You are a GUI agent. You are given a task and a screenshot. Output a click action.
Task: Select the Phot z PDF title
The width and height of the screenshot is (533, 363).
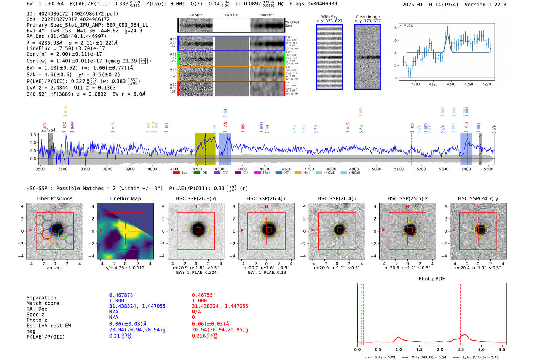[x=432, y=278]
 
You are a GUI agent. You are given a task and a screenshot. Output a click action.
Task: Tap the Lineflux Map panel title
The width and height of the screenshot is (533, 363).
[x=125, y=198]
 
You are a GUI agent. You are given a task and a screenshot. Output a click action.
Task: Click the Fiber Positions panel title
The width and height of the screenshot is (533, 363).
[x=54, y=198]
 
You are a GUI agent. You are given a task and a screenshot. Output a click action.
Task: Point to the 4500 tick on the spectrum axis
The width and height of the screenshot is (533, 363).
[x=264, y=169]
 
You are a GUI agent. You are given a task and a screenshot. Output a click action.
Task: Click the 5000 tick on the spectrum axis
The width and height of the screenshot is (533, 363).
[x=376, y=169]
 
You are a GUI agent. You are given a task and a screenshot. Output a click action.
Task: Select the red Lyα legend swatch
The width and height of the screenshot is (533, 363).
[x=176, y=173]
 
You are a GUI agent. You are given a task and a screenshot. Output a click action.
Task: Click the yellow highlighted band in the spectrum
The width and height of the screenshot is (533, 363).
[x=205, y=149]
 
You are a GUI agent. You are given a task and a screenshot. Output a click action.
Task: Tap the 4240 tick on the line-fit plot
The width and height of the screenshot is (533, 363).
[x=451, y=84]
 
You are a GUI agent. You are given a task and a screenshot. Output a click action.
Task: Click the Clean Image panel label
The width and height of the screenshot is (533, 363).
[x=367, y=17]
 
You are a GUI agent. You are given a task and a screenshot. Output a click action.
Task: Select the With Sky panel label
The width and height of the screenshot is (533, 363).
[x=329, y=17]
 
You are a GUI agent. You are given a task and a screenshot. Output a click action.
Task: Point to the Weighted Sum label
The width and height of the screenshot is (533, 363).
[x=292, y=24]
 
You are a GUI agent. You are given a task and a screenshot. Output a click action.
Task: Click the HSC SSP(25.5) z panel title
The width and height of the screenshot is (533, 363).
[x=407, y=198]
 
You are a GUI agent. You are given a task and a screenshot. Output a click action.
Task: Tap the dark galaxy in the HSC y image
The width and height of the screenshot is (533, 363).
[x=481, y=229]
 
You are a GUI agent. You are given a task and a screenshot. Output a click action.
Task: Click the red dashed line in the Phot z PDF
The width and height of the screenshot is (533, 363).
[x=460, y=312]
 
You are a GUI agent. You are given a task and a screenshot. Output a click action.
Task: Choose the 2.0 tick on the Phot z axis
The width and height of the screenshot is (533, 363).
[x=440, y=349]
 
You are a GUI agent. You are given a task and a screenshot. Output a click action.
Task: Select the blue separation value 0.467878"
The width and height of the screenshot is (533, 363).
[x=122, y=295]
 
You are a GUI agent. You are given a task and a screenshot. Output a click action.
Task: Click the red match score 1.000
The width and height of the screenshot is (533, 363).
[x=199, y=301]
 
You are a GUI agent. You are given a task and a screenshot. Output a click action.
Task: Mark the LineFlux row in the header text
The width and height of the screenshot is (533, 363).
[x=65, y=48]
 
